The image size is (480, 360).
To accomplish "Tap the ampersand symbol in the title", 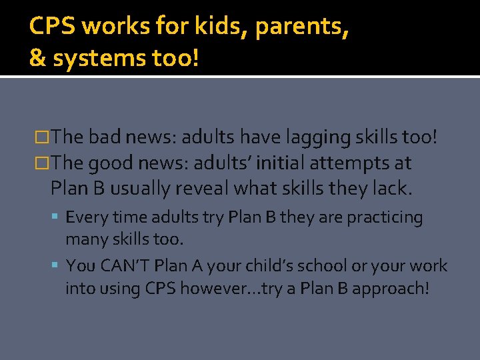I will (37, 59).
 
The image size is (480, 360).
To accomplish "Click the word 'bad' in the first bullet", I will (104, 137).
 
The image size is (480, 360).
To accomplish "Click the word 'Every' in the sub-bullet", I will (83, 217).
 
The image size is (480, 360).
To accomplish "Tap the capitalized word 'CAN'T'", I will (124, 265).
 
